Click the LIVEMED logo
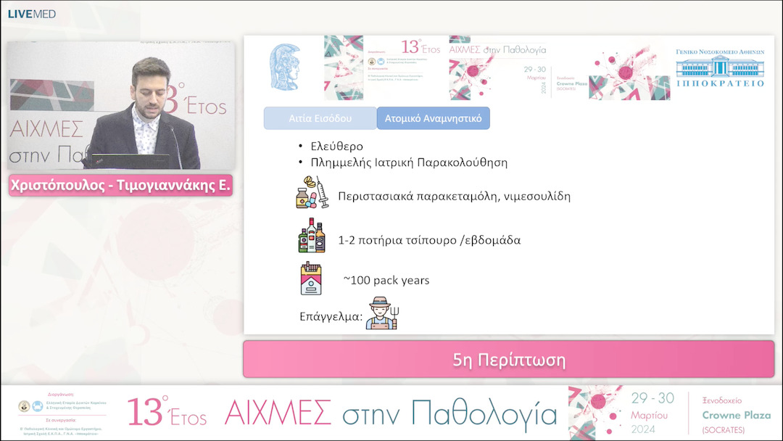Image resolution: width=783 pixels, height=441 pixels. [31, 14]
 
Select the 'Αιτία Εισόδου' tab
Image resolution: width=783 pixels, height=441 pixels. [320, 118]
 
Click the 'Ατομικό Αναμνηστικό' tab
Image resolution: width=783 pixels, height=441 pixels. [433, 118]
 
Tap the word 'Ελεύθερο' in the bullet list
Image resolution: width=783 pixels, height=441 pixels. [337, 147]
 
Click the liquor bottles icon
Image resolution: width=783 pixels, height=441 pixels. [312, 236]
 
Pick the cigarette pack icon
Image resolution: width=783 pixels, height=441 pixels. [311, 279]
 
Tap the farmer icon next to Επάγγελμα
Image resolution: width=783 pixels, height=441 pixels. [384, 313]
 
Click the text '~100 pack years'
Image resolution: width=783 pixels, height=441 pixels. [386, 280]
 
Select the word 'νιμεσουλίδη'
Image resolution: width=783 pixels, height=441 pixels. [536, 196]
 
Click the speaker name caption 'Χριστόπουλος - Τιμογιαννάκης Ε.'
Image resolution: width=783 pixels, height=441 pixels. [120, 185]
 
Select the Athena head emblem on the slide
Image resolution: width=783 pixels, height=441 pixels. [285, 67]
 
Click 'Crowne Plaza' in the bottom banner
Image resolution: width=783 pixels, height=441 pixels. [736, 415]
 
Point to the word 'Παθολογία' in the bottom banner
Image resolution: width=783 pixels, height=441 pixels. [484, 413]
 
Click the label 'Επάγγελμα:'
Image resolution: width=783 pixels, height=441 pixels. [331, 316]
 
